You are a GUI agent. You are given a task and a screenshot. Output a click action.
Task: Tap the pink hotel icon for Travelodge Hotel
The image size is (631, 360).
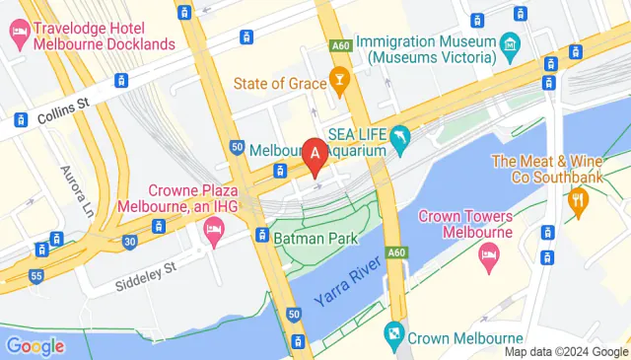point(19,32)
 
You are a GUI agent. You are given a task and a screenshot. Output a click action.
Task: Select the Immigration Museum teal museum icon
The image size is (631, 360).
point(508,43)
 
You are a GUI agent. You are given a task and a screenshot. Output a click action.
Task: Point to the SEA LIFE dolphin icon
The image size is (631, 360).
point(400,139)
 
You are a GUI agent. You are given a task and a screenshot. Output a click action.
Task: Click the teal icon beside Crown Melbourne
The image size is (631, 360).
point(395,334)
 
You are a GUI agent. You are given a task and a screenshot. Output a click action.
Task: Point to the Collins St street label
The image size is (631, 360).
point(64,116)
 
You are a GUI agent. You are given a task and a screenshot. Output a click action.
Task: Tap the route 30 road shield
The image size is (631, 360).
point(129,240)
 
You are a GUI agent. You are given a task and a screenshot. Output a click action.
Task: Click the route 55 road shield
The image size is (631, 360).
point(35,277)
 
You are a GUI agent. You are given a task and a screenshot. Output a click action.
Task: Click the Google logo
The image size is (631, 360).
point(35,345)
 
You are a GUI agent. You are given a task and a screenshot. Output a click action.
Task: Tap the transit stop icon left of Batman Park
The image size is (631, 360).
point(262,235)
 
